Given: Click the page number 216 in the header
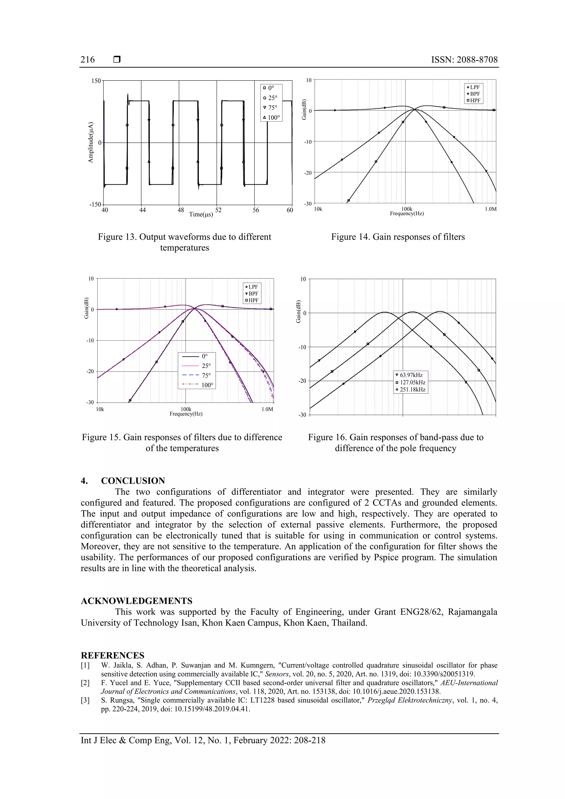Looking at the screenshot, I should point(87,60).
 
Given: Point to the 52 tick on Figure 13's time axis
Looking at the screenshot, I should point(218,210).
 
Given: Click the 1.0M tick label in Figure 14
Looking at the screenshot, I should point(491,209).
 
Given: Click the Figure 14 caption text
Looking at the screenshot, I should point(398,237).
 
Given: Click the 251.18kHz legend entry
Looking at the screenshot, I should point(412,389).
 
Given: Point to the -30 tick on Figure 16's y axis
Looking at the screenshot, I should point(302,415).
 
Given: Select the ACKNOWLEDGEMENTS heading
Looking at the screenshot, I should point(137,601).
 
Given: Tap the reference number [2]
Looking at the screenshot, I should point(85,683).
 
